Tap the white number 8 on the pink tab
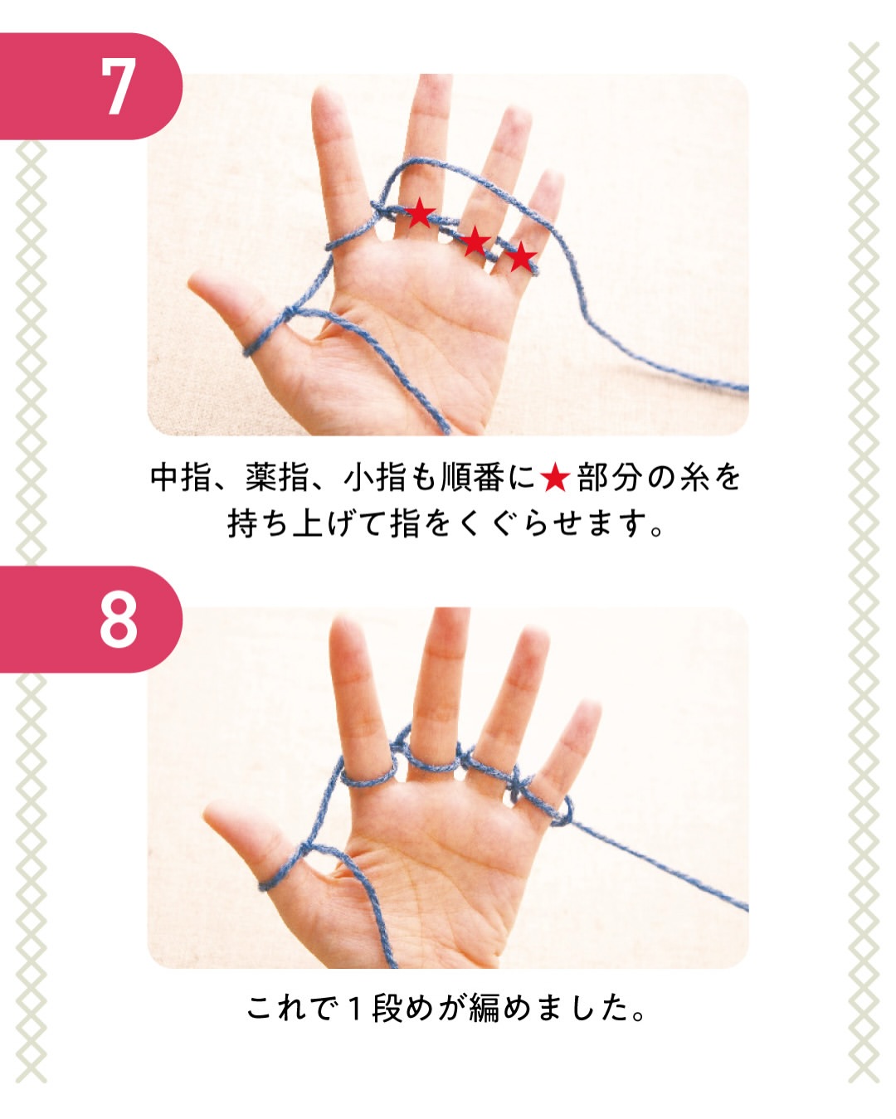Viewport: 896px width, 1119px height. click(x=119, y=621)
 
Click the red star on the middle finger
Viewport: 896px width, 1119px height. click(x=419, y=212)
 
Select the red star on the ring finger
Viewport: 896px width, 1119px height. click(x=475, y=241)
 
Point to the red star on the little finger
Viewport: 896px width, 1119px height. click(x=520, y=257)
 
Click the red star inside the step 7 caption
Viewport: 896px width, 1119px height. click(x=555, y=477)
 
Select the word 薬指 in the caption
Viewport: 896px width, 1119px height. click(x=278, y=477)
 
